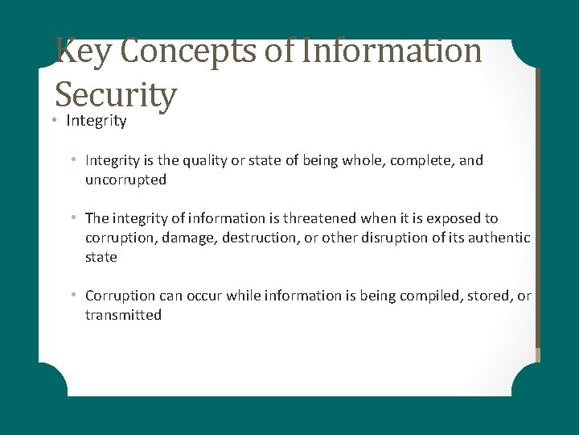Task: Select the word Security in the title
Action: (x=115, y=94)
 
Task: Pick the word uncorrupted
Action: (x=125, y=180)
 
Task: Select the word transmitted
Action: (x=123, y=315)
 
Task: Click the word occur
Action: (x=204, y=296)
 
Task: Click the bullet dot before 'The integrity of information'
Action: (x=73, y=218)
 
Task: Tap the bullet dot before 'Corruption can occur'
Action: (x=73, y=296)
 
